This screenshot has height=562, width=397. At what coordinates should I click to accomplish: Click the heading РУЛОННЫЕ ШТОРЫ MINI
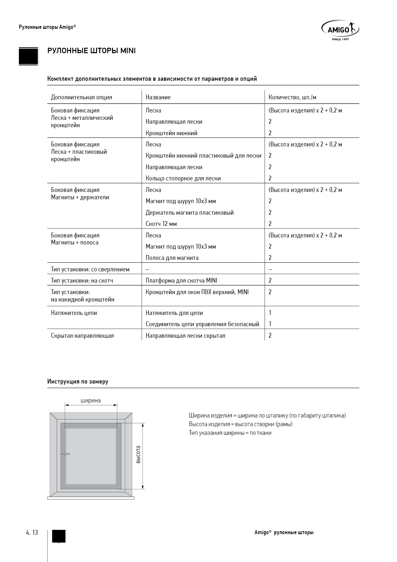click(x=92, y=51)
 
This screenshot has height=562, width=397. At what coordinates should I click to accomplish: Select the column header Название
click(x=158, y=97)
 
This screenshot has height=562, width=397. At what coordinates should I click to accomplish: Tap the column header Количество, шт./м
click(x=292, y=97)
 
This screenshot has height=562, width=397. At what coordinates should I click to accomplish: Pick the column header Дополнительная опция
click(x=82, y=97)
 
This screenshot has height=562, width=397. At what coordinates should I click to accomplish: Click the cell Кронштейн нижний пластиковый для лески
click(x=203, y=156)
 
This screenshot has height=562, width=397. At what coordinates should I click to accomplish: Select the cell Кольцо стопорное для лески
click(x=183, y=178)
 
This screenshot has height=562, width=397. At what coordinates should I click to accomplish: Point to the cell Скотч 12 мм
click(x=161, y=224)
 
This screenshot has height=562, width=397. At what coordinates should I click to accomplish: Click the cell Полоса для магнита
click(x=172, y=258)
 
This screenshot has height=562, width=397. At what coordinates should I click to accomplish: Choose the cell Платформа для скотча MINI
click(x=181, y=281)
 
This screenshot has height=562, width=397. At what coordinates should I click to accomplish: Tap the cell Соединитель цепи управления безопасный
click(x=202, y=324)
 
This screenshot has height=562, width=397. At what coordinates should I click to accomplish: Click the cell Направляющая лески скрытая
click(x=185, y=336)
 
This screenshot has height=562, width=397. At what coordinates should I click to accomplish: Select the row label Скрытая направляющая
click(x=82, y=336)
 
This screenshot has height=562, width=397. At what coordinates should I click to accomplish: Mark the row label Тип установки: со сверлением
click(x=90, y=269)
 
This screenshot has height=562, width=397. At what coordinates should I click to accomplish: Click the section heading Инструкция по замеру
click(x=78, y=382)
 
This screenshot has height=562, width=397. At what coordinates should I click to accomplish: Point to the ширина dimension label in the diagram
click(x=91, y=401)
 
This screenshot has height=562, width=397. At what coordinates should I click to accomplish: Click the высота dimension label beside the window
click(x=138, y=455)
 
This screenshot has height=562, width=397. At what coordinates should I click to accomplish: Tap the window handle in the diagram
click(x=65, y=454)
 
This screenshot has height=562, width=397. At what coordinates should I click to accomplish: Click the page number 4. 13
click(x=32, y=533)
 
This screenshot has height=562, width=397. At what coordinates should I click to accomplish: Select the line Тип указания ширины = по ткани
click(x=230, y=433)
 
